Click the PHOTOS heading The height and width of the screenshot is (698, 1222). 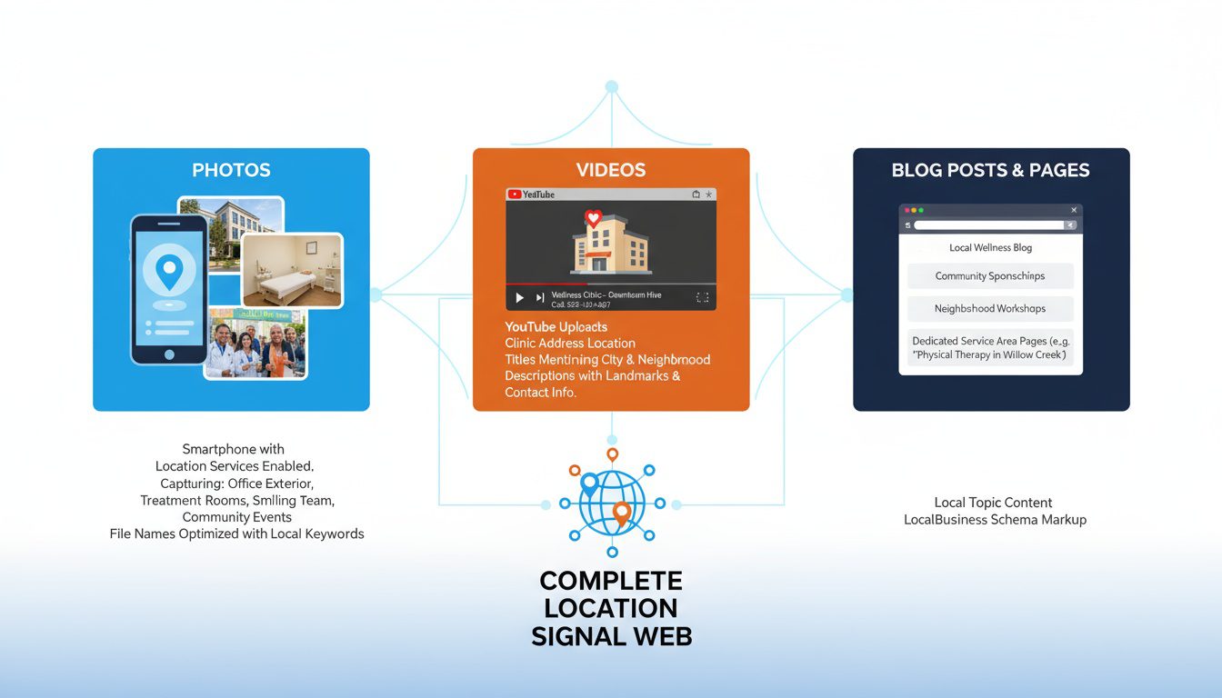(x=231, y=170)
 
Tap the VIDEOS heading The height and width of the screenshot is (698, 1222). (x=611, y=170)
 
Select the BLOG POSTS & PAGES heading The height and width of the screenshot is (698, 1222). (x=990, y=170)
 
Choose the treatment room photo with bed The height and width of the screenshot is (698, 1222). (x=292, y=270)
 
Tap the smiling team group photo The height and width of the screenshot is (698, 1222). (x=255, y=344)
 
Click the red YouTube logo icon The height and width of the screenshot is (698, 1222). (x=515, y=194)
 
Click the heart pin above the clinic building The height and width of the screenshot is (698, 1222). (x=594, y=218)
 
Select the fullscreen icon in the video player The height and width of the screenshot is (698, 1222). (x=702, y=297)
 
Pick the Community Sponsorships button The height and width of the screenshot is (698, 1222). (x=990, y=276)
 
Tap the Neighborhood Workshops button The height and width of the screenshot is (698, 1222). (x=990, y=309)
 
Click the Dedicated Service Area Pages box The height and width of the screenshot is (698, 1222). (x=990, y=348)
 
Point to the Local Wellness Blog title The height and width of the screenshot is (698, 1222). (x=990, y=247)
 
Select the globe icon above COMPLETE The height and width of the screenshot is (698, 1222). (x=611, y=502)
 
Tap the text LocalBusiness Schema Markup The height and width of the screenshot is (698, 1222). (x=995, y=520)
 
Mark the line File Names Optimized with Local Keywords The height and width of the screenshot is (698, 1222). (x=236, y=534)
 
